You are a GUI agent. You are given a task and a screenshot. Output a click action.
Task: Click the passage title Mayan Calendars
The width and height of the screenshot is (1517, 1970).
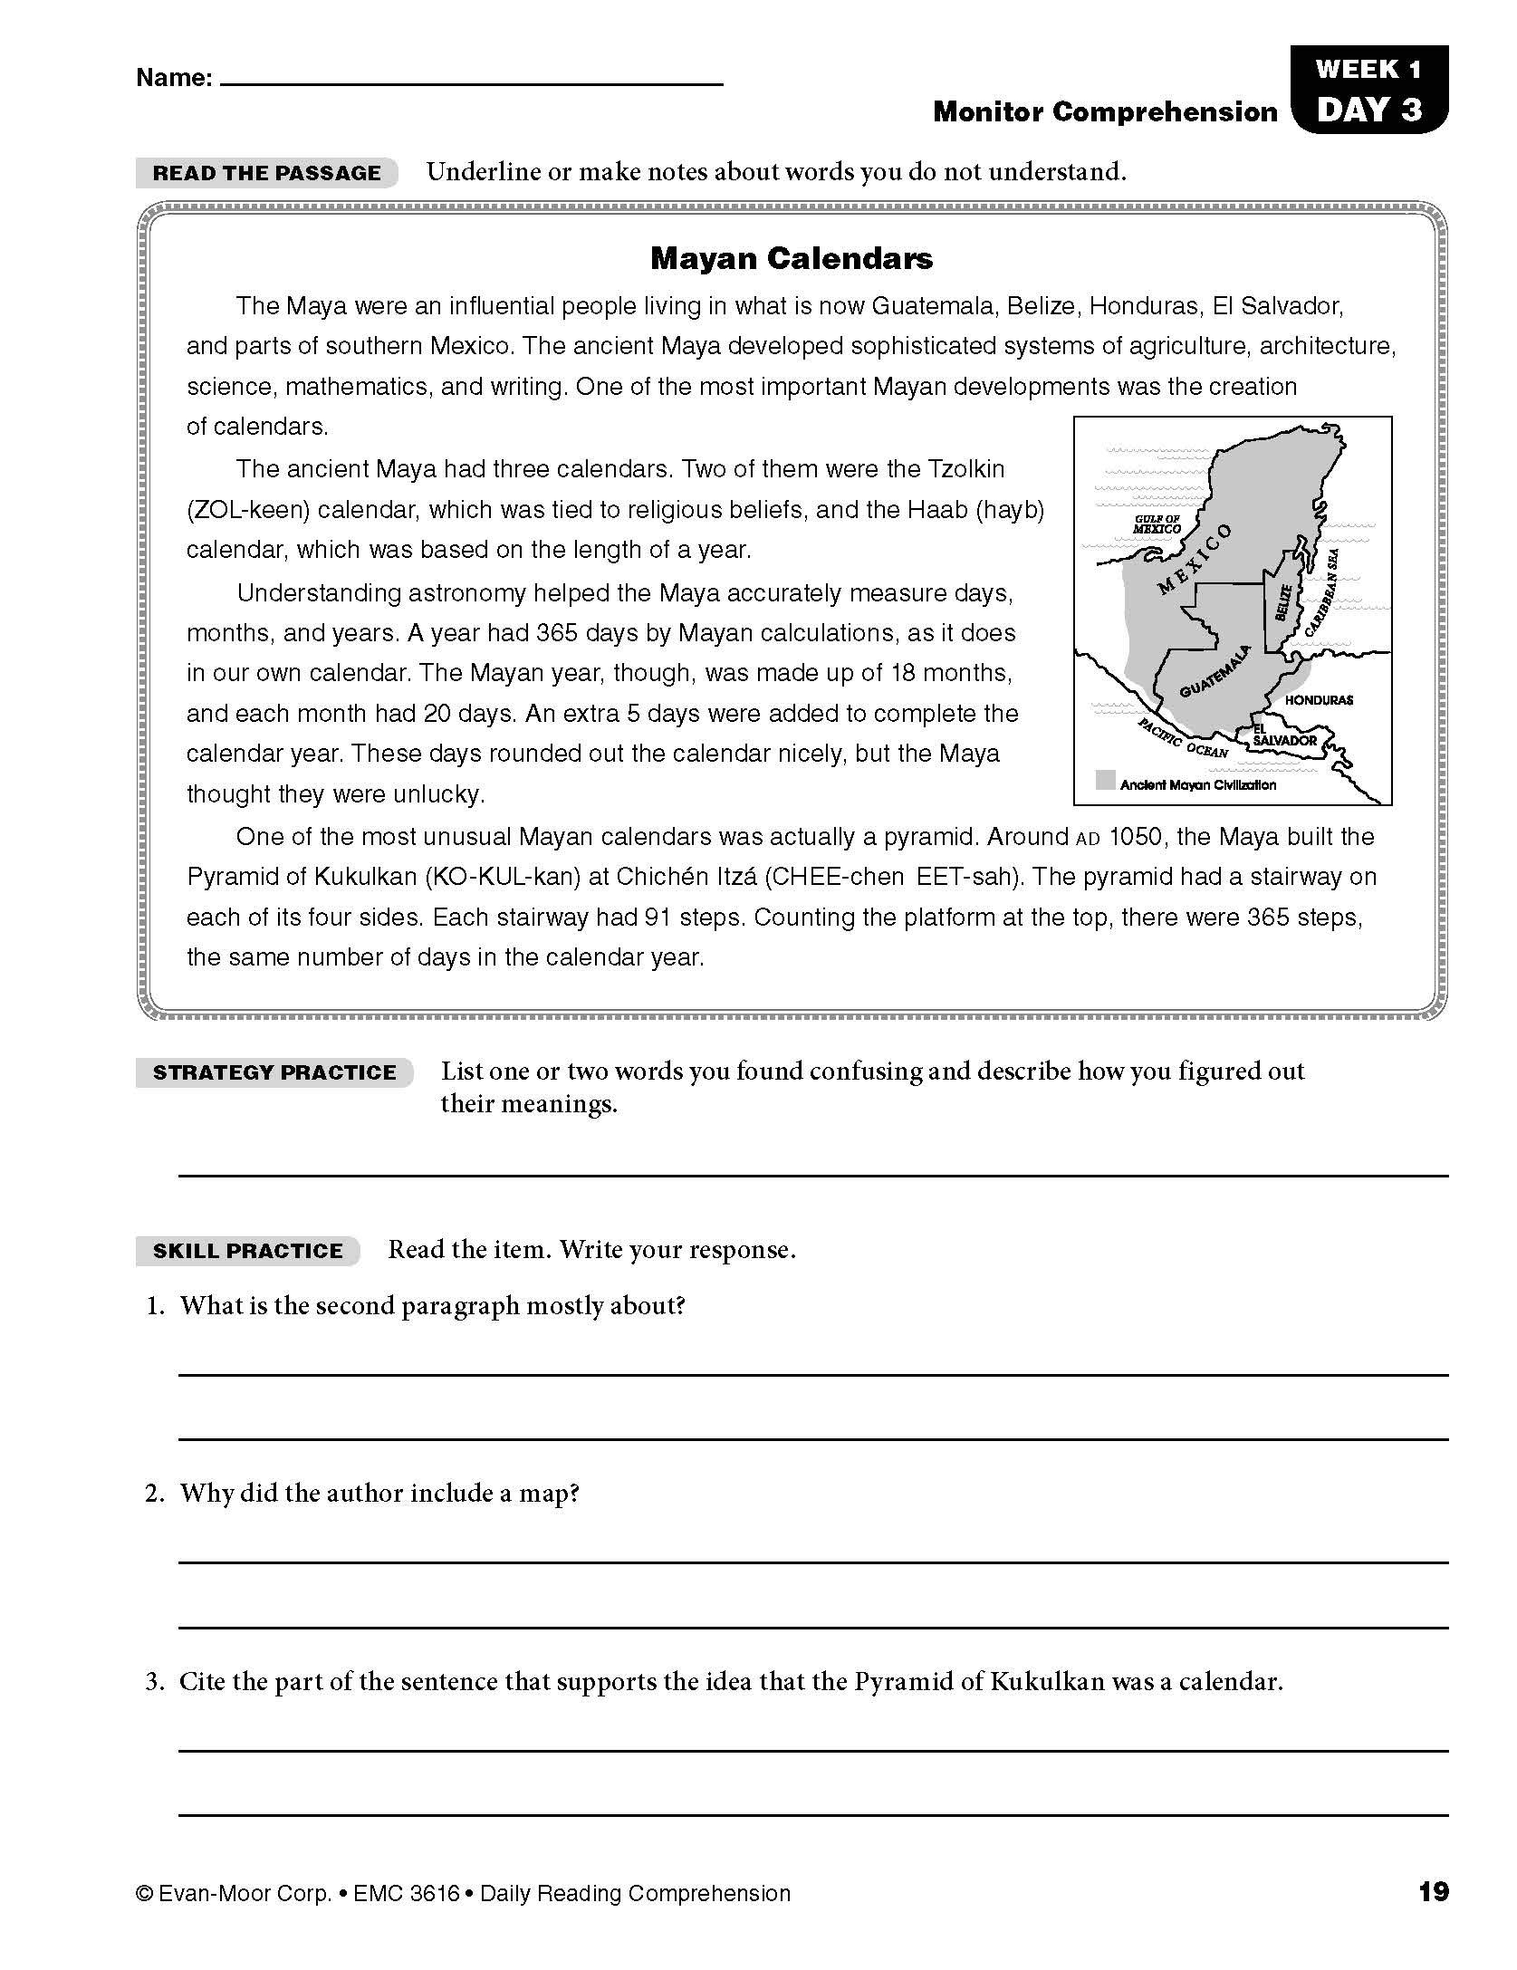[x=791, y=259]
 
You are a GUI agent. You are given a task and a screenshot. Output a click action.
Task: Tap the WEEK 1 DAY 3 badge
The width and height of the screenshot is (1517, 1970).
[x=1368, y=91]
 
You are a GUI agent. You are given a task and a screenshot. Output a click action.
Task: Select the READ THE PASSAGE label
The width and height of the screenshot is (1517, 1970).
[x=266, y=173]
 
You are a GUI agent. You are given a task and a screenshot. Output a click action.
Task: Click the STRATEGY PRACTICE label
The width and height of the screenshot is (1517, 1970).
[x=274, y=1072]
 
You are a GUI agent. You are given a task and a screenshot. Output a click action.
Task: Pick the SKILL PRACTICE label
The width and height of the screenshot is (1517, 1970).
[x=247, y=1251]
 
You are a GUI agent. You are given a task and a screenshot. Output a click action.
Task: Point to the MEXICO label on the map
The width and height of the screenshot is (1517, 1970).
[x=1195, y=558]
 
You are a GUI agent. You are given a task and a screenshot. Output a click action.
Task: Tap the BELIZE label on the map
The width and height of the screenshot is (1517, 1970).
[x=1282, y=602]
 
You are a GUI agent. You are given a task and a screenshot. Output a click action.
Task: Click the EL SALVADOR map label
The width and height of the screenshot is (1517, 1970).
[x=1283, y=735]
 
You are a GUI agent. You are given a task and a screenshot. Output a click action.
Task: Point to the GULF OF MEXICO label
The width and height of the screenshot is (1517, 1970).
[x=1157, y=524]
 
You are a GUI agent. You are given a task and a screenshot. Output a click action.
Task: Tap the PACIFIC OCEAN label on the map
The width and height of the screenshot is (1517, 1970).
[x=1183, y=738]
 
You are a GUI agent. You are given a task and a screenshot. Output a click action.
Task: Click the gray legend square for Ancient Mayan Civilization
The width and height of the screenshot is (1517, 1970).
[x=1105, y=780]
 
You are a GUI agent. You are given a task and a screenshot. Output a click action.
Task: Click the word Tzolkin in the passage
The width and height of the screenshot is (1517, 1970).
[x=965, y=469]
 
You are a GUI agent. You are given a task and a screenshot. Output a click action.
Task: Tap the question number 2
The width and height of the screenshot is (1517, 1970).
[x=155, y=1494]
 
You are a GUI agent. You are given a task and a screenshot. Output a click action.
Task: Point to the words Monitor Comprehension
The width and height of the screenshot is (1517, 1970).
[x=1105, y=112]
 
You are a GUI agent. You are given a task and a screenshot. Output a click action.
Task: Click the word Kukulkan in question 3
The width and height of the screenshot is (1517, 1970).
[x=1049, y=1682]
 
